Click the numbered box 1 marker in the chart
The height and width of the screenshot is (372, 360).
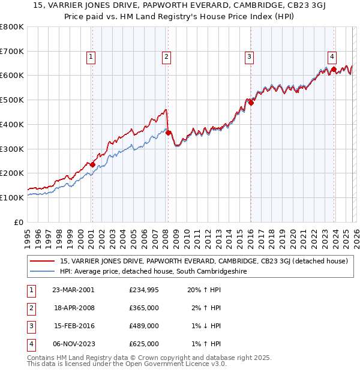pyautogui.click(x=91, y=57)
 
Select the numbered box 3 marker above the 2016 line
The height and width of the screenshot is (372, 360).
pyautogui.click(x=248, y=57)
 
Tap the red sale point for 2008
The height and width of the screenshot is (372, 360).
pyautogui.click(x=168, y=133)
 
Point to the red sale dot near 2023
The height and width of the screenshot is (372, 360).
pyautogui.click(x=334, y=70)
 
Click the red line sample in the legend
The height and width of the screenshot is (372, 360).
pyautogui.click(x=42, y=261)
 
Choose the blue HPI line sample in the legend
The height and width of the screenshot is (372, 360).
pyautogui.click(x=42, y=271)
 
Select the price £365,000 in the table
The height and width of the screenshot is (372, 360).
pyautogui.click(x=144, y=307)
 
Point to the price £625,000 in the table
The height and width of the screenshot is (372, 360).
pyautogui.click(x=144, y=344)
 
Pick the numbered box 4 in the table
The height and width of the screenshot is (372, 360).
pyautogui.click(x=31, y=344)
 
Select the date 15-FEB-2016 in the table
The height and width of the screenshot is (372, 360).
pyautogui.click(x=73, y=326)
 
